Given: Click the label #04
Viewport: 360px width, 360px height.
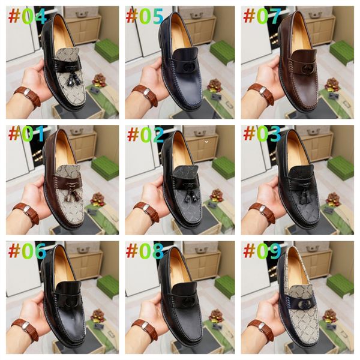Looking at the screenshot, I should pos(27,16).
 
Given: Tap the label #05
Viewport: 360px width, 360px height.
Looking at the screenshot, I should pos(145,16).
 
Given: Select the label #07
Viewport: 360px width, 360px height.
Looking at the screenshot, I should pos(262,16).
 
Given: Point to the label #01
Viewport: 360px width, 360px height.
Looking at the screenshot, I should pos(27,134).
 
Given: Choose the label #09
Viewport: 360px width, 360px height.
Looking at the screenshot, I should pos(262,251).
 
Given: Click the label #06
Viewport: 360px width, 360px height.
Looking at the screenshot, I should pos(27,251).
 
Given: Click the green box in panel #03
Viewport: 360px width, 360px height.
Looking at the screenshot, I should pos(341,169).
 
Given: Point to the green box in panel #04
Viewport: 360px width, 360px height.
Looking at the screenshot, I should pos(107,50).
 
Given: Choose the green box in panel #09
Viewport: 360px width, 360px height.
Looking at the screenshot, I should pos(341,286).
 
